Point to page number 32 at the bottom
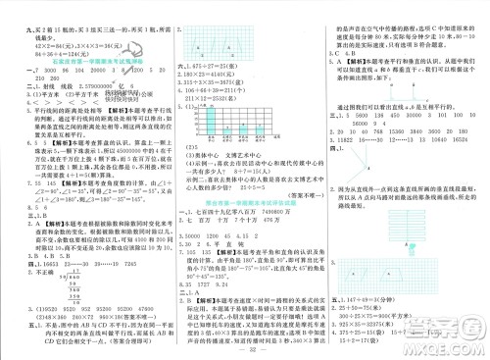[244, 349]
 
